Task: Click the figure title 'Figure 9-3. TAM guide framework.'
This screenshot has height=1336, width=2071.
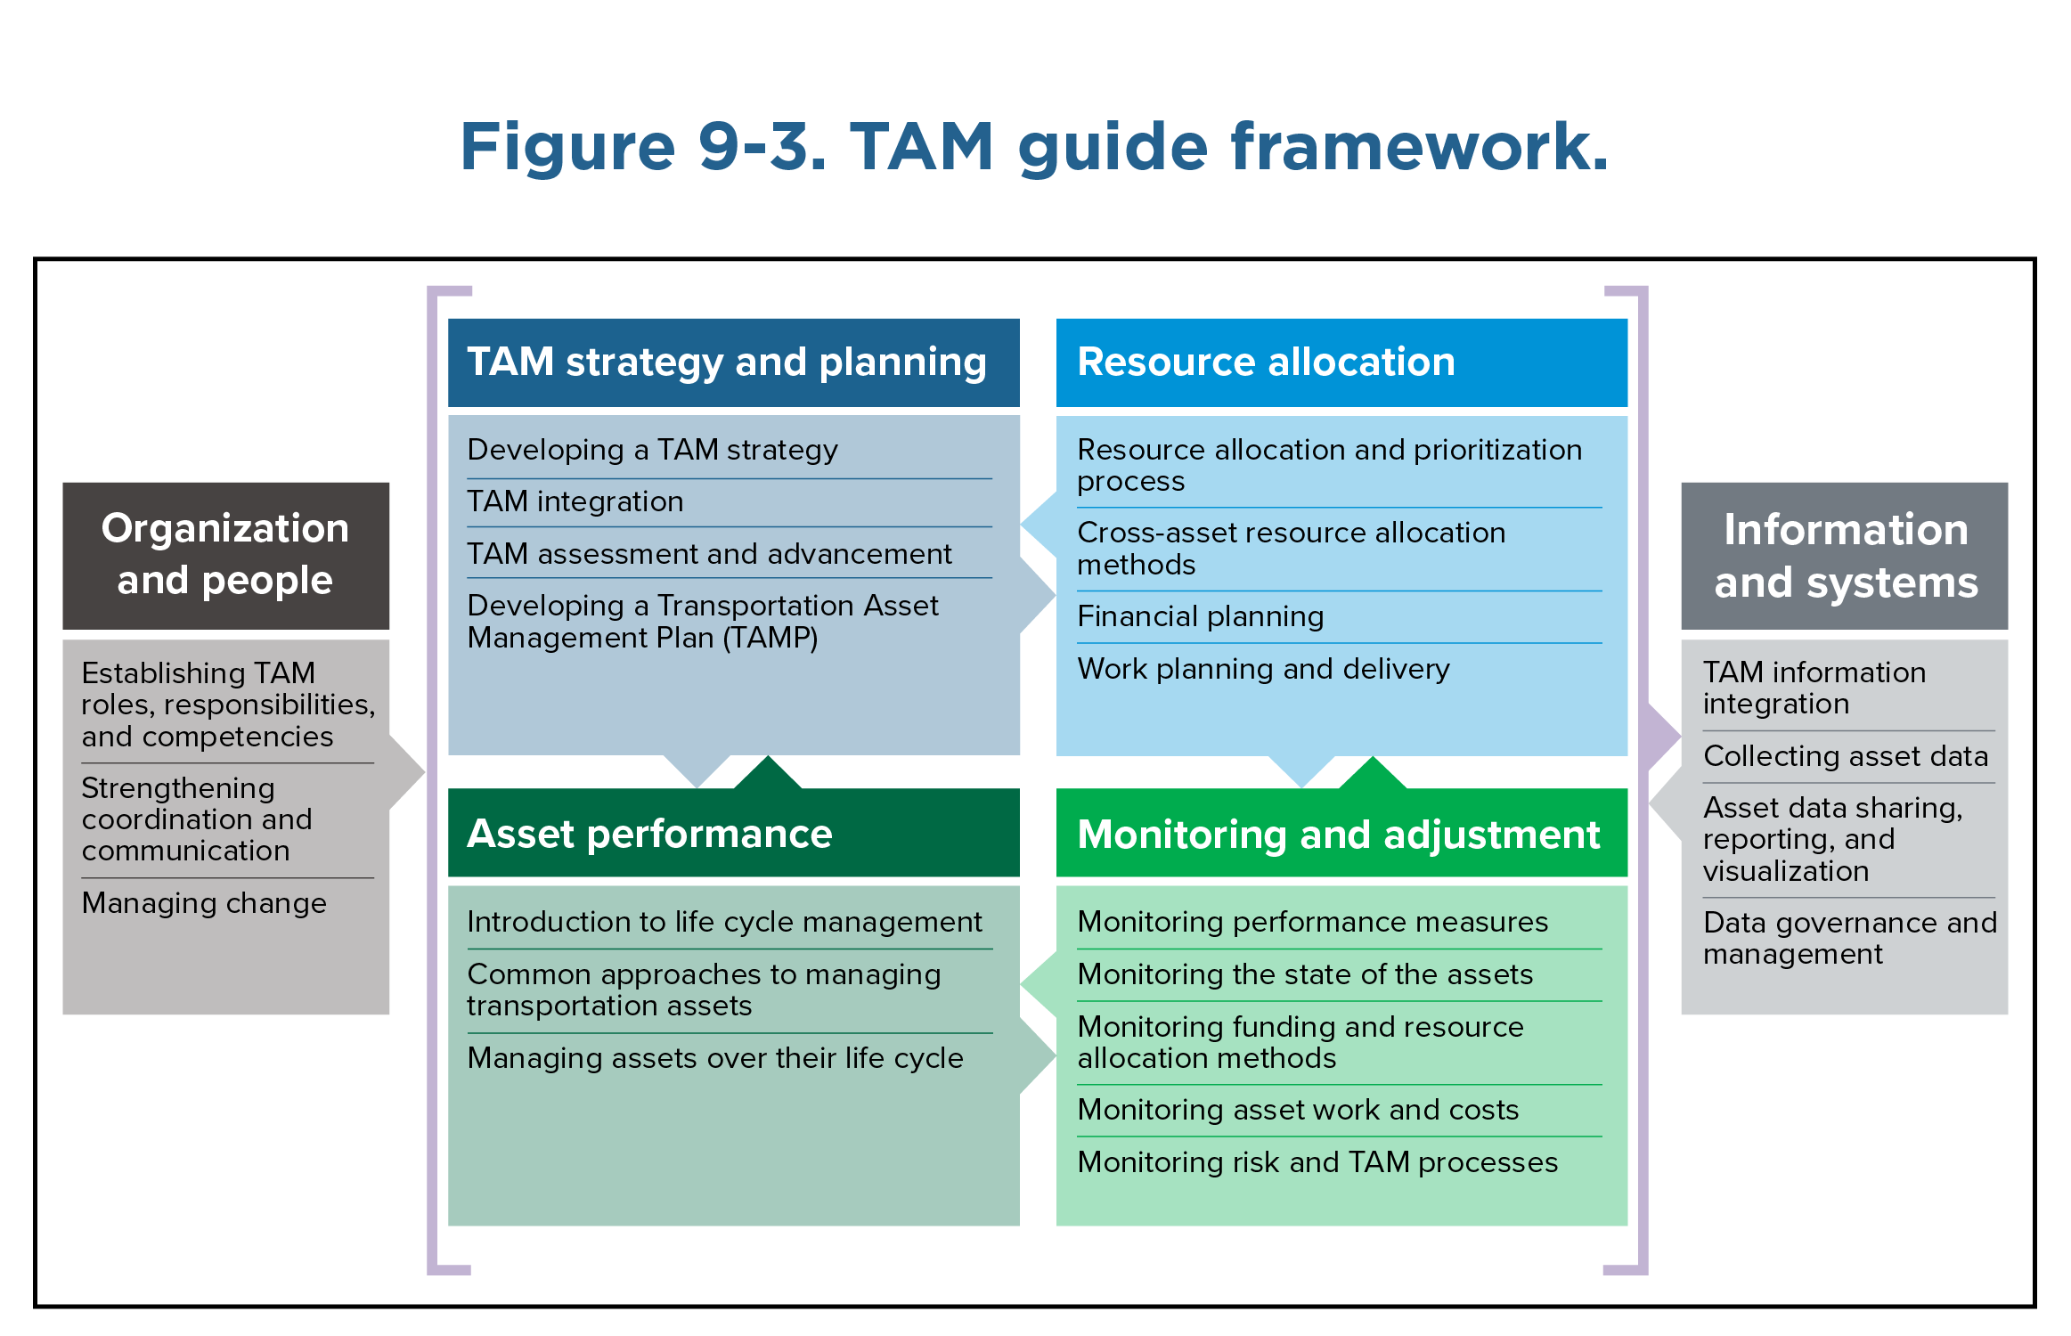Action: pyautogui.click(x=1033, y=147)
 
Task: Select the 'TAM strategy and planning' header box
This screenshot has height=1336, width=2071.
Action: pyautogui.click(x=733, y=363)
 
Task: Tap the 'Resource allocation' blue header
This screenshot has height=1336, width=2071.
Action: pyautogui.click(x=1341, y=363)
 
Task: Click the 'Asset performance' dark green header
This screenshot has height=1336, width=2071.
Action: pyautogui.click(x=733, y=834)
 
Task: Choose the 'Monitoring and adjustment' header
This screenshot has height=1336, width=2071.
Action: pyautogui.click(x=1341, y=834)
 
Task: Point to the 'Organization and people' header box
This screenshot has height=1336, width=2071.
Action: pyautogui.click(x=225, y=555)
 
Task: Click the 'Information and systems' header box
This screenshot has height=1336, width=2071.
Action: pyautogui.click(x=1844, y=556)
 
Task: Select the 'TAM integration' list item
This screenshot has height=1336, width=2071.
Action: pyautogui.click(x=575, y=501)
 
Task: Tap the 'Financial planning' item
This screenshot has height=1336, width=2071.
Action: pyautogui.click(x=1200, y=616)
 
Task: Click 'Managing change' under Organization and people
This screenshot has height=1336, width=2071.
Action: pyautogui.click(x=204, y=903)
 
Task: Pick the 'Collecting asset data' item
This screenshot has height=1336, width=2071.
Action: pyautogui.click(x=1845, y=756)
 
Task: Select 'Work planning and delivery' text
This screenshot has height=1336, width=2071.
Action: pyautogui.click(x=1263, y=669)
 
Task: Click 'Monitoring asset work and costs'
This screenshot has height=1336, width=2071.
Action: pyautogui.click(x=1298, y=1110)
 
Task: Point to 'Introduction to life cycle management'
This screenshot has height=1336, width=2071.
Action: pyautogui.click(x=724, y=922)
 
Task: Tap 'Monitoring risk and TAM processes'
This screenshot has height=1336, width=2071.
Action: pyautogui.click(x=1317, y=1162)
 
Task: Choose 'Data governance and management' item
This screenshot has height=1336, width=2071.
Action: pyautogui.click(x=1849, y=938)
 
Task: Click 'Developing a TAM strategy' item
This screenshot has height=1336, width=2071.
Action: pyautogui.click(x=652, y=450)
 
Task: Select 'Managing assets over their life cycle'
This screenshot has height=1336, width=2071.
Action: pyautogui.click(x=715, y=1058)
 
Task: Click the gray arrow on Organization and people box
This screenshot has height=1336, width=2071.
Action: pyautogui.click(x=407, y=771)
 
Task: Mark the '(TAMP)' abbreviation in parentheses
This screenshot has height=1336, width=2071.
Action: pyautogui.click(x=770, y=638)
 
